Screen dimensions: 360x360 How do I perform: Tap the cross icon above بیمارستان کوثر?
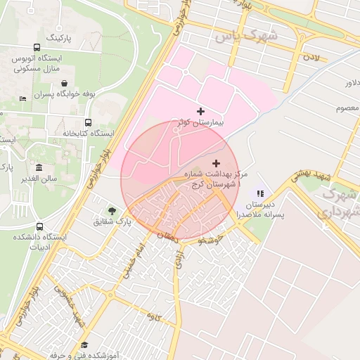point(201,111)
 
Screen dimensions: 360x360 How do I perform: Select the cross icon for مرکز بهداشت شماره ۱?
point(215,163)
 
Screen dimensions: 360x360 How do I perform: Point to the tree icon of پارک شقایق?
point(112,210)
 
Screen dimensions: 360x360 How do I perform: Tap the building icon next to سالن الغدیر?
point(38,167)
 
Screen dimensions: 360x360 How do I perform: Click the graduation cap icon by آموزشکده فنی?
point(84,345)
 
